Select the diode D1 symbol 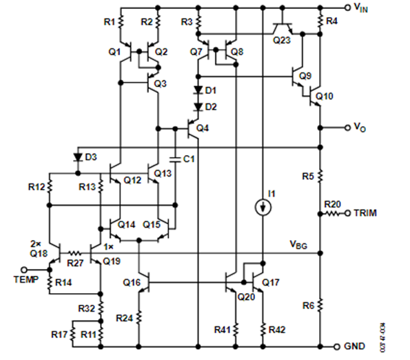pos(198,90)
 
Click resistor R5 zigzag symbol pos(321,177)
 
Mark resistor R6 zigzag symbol pos(321,304)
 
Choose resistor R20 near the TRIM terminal pos(336,213)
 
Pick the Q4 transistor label pos(202,128)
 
